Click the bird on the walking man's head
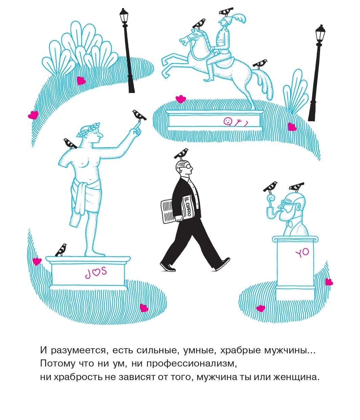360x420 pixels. (181, 154)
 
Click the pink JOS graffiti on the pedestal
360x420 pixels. (96, 272)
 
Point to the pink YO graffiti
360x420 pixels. (302, 253)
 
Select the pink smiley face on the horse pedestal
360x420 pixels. (228, 121)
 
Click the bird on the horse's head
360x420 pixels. (199, 24)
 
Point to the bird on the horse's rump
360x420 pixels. (260, 64)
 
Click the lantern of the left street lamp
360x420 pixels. (124, 17)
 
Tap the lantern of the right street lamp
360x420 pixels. (320, 34)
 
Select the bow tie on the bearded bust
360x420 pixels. (290, 224)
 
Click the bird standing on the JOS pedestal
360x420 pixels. (61, 250)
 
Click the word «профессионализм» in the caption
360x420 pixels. (192, 363)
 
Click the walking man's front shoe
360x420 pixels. (223, 264)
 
